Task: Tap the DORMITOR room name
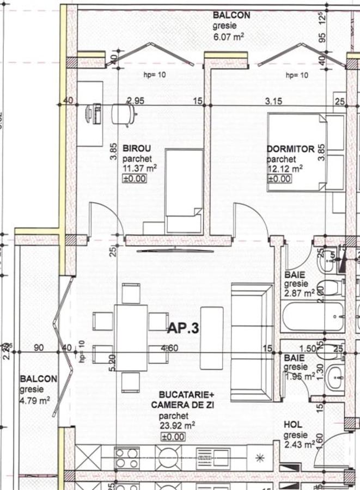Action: coord(290,149)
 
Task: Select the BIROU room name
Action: coord(136,148)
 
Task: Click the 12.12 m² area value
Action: coord(284,169)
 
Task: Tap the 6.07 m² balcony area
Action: coord(228,36)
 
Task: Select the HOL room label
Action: coord(293,424)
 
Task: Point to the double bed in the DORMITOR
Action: coord(305,152)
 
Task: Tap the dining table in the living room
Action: coord(131,337)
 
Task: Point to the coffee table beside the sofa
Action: coord(211,338)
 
